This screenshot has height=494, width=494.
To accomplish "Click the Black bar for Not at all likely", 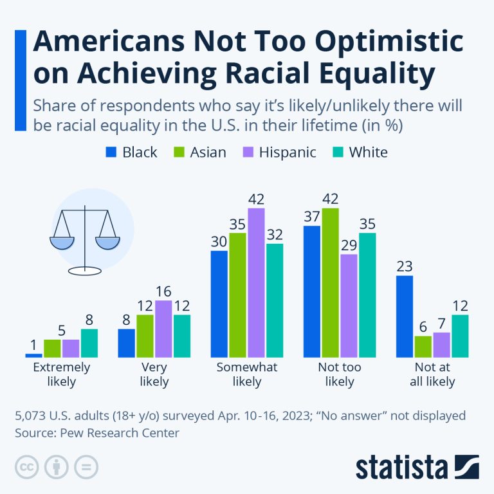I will point(405,316).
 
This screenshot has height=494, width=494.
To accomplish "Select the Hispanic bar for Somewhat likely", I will point(256,282).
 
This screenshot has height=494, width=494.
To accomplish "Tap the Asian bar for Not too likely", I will point(331,282).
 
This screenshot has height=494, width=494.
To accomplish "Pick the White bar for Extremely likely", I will point(89,343).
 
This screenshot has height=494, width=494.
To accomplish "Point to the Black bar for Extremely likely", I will point(33,354).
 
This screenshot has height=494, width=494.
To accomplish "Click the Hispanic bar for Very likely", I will point(163,329).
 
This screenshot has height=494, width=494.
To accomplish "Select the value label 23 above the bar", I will point(405,266).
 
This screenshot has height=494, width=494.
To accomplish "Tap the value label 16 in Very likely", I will point(163,291).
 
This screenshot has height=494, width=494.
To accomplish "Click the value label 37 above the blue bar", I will point(312,216).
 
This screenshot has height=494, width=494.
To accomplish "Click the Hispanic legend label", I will point(287,152).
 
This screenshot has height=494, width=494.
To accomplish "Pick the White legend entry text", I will point(368,152).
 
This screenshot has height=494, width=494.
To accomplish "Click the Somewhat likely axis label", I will point(247,374).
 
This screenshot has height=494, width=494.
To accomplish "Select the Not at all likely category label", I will point(432,374).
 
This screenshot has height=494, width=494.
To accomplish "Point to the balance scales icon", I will point(85,232).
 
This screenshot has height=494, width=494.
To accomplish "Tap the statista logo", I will point(417,466).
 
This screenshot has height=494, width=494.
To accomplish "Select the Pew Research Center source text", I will point(116,433).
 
